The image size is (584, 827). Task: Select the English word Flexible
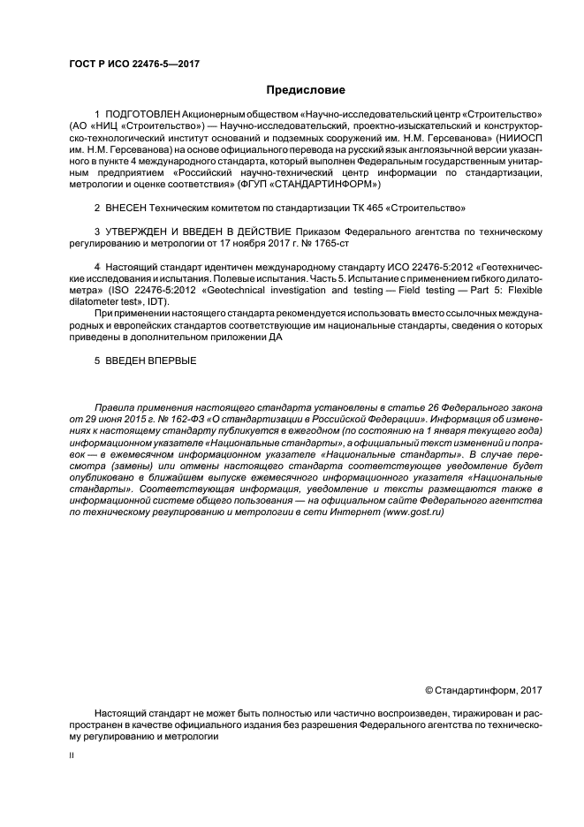click(x=516, y=288)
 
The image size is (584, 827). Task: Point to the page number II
click(x=72, y=757)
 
